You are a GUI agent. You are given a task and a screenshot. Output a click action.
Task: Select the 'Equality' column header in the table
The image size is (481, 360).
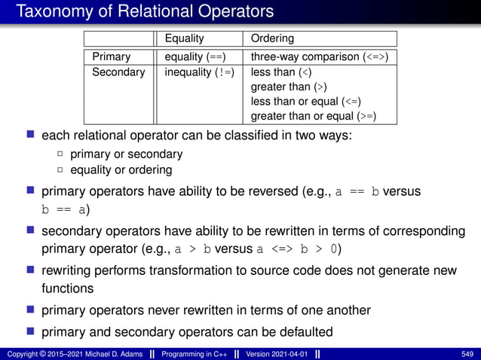(184, 38)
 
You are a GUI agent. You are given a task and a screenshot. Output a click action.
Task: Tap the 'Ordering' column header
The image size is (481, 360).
(272, 38)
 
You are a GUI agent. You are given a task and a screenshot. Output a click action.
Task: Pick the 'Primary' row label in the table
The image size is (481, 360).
(111, 56)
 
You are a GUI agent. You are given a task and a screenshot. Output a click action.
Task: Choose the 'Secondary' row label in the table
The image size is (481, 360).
(118, 72)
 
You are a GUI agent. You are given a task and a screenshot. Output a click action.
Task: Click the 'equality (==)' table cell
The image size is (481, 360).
(195, 56)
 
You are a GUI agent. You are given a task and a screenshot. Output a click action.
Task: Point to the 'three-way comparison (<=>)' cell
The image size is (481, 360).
(320, 56)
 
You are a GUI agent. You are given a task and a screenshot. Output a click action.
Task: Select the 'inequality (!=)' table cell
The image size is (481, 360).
(199, 72)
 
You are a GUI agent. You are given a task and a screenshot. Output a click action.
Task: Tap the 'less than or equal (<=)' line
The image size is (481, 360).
(306, 102)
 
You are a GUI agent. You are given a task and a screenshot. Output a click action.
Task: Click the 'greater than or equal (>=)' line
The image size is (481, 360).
(313, 116)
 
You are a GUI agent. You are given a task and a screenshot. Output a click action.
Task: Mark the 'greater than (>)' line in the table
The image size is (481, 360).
(289, 87)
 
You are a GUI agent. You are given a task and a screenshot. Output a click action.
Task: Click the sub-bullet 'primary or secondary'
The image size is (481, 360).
(126, 154)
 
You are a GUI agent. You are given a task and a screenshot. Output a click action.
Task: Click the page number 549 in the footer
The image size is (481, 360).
(467, 354)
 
